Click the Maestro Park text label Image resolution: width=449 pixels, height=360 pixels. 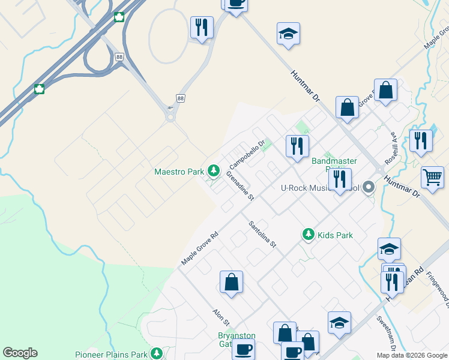coord(179,172)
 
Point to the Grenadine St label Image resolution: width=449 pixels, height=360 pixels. coord(240,185)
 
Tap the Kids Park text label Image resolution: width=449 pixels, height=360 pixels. coord(335,235)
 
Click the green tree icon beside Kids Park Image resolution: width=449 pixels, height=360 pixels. coord(309,235)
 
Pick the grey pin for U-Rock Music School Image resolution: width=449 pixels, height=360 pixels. coord(369,188)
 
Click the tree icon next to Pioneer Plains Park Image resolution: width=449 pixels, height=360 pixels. coord(157,353)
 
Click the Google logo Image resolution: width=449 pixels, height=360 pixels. coord(20,353)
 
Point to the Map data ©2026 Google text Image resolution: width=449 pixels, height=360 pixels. coord(412,355)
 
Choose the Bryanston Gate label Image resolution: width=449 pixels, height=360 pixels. coord(237,340)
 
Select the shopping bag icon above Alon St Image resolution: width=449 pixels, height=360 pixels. coord(231,282)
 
